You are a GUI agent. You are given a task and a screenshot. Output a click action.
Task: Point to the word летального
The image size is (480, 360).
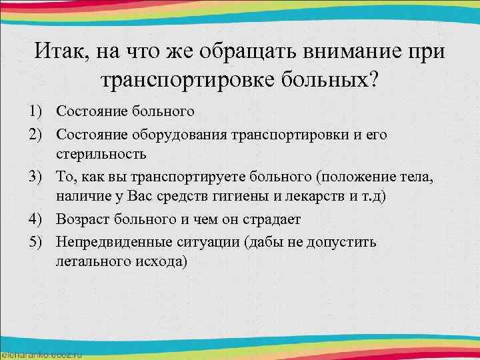pyautogui.click(x=90, y=261)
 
